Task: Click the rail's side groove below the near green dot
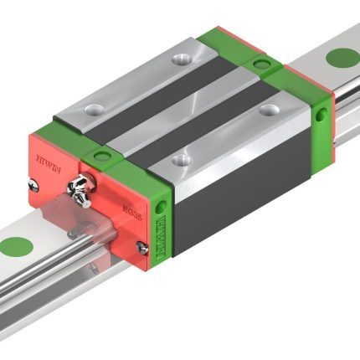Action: tap(33, 289)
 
